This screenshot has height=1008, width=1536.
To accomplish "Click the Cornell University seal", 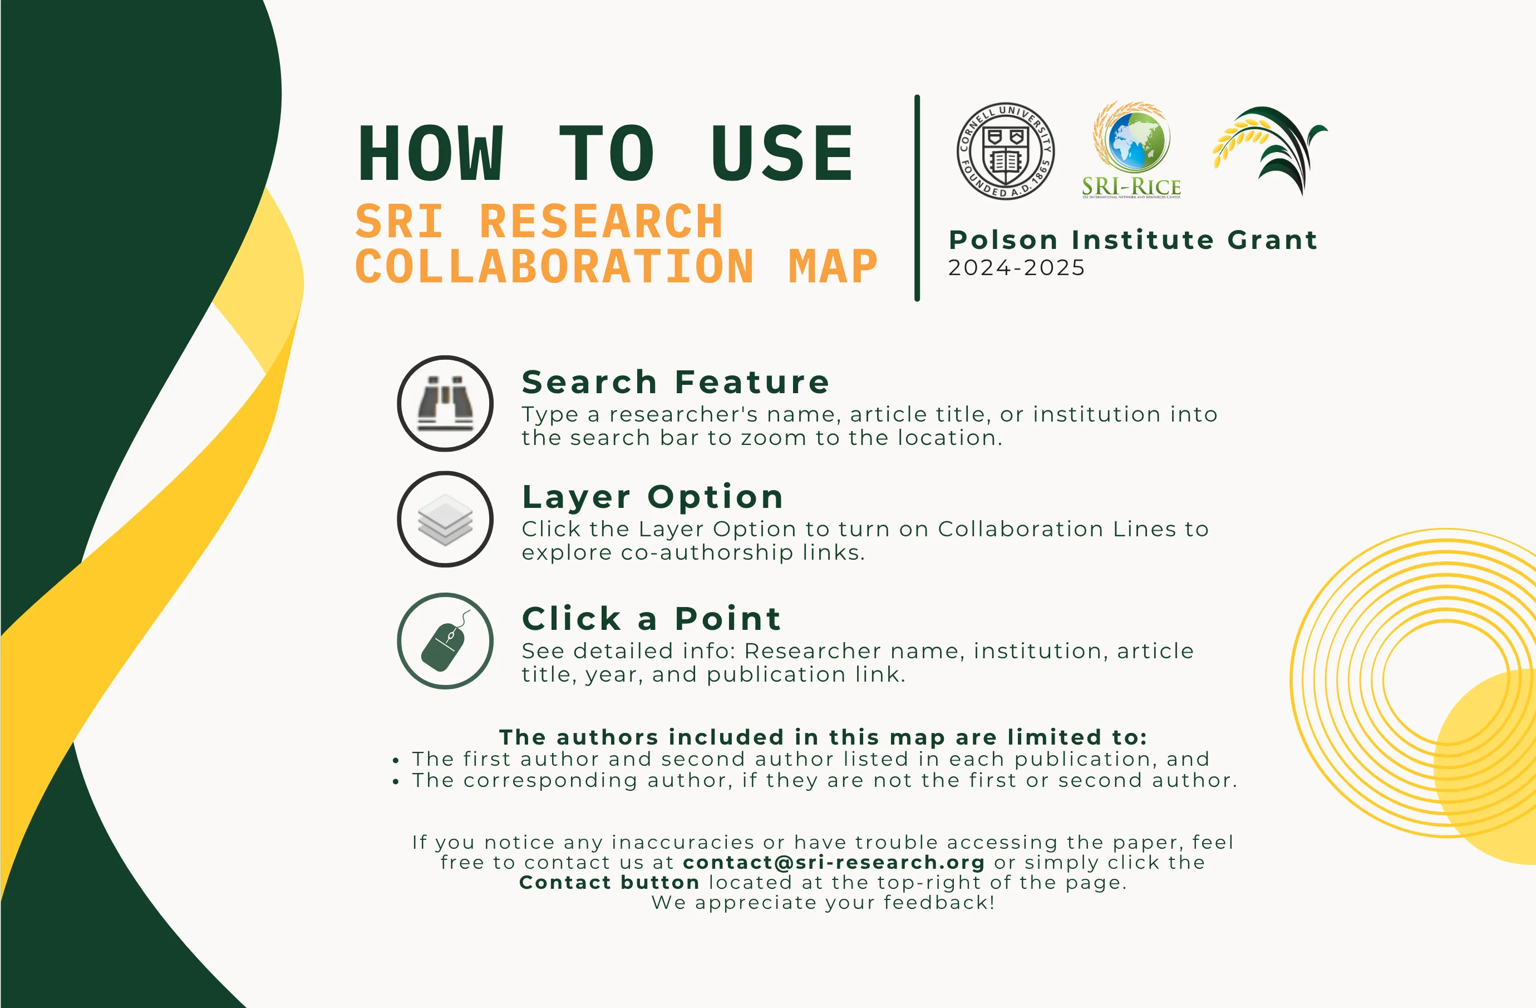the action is [1006, 151].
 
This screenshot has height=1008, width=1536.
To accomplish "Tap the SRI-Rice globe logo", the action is [1131, 150].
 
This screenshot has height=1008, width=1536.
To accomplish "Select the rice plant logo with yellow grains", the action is [1269, 150].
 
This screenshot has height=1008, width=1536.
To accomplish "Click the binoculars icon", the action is [445, 404].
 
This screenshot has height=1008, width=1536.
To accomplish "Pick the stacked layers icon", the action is [445, 519].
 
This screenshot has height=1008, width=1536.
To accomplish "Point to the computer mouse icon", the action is [445, 641].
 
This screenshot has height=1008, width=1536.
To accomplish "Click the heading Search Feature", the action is [676, 381].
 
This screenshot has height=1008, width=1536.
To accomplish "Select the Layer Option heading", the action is [652, 497].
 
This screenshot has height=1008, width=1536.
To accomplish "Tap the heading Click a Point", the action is [651, 619].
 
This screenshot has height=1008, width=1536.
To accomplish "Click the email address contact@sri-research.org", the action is [834, 862].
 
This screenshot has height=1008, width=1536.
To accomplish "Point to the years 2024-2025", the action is [1016, 267].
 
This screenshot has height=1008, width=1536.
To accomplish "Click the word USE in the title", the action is [782, 154].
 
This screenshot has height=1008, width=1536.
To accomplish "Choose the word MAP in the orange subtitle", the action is [833, 266].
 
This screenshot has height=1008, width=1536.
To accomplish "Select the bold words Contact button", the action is [609, 882].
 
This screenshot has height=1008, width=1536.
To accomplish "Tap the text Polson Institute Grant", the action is [1133, 239].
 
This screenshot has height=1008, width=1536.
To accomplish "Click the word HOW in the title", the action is [430, 154].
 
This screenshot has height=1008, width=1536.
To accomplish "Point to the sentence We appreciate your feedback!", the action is [823, 902].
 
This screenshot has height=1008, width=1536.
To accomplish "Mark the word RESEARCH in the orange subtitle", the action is [601, 222].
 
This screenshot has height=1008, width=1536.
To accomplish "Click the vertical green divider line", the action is [917, 198].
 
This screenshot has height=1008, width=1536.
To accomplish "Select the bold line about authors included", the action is [823, 737].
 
